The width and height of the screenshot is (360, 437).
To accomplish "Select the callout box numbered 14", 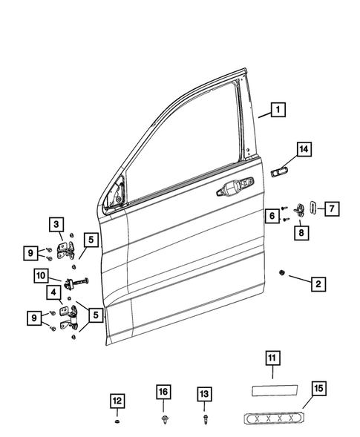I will (303, 150).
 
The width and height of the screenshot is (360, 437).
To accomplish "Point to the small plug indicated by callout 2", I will (283, 272).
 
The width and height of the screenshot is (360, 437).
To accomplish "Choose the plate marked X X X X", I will (273, 418).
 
